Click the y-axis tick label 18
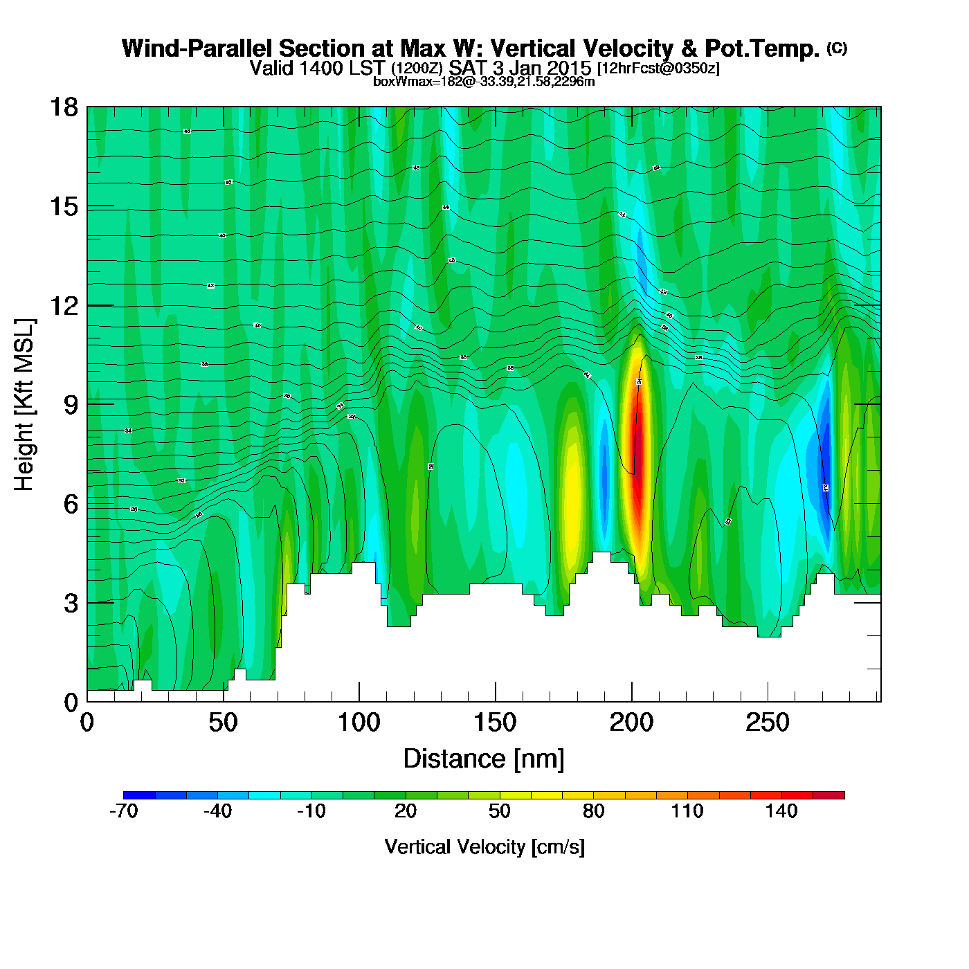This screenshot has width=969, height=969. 64,107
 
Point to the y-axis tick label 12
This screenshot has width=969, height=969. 64,305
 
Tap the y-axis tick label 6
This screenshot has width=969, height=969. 71,504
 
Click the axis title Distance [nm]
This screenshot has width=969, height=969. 484,759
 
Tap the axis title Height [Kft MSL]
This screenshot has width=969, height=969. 24,405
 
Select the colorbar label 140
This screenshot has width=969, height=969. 781,811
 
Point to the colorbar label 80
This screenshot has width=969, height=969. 594,811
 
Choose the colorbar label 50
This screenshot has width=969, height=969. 500,811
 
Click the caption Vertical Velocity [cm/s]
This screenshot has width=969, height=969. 484,846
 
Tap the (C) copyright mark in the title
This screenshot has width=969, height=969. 837,48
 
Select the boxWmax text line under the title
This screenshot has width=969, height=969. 484,82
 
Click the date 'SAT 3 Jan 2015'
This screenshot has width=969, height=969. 520,68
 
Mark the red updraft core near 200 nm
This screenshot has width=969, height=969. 638,443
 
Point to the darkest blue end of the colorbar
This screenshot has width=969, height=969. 139,795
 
